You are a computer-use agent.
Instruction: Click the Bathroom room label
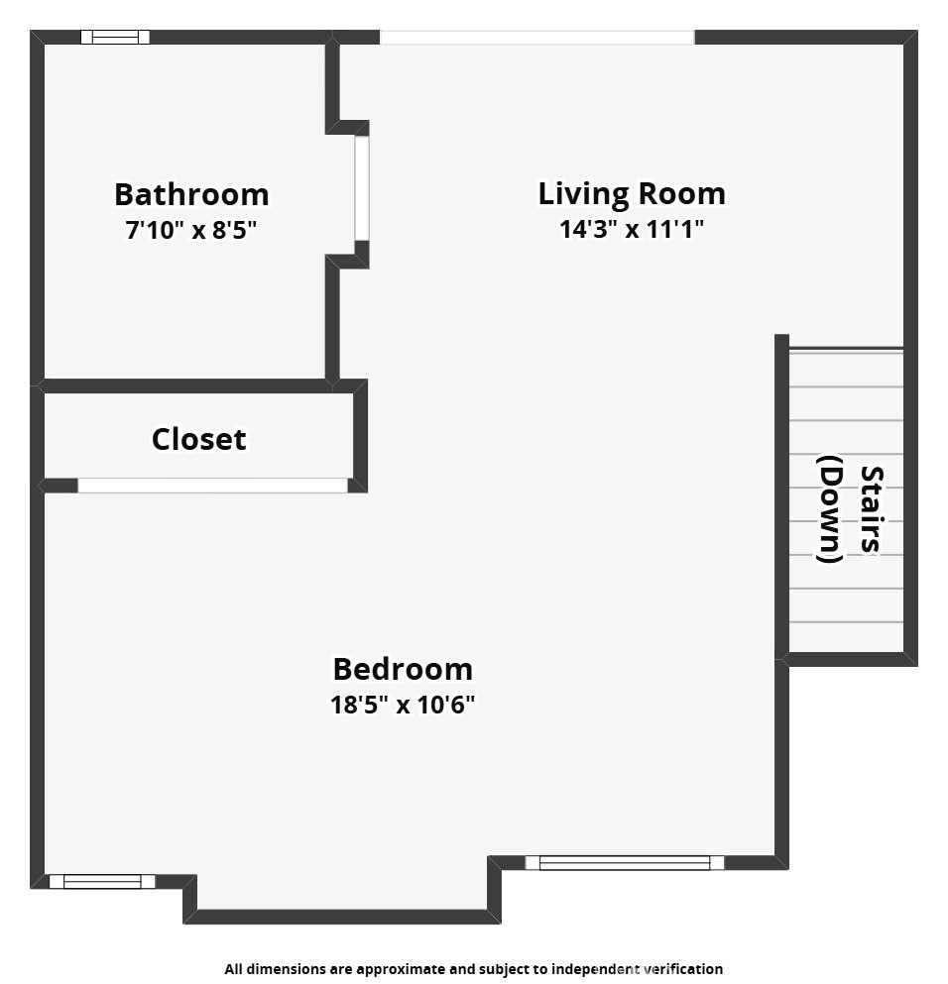191,194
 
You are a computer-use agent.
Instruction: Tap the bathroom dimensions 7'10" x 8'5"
191,230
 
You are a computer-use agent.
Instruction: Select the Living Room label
632,194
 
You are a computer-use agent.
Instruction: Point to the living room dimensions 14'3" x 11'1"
632,229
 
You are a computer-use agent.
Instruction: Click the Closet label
199,439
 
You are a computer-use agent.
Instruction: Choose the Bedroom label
403,669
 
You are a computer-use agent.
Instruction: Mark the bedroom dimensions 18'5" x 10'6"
403,705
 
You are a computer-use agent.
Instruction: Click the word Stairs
872,509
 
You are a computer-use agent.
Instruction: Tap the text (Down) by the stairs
829,509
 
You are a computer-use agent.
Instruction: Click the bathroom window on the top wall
115,37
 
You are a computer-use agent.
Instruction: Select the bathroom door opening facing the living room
362,188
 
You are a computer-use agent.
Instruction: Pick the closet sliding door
213,486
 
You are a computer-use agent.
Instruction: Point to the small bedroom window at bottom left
102,882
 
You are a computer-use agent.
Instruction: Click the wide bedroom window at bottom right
625,863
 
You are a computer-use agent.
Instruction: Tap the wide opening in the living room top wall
537,37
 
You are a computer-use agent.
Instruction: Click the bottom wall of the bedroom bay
342,917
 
